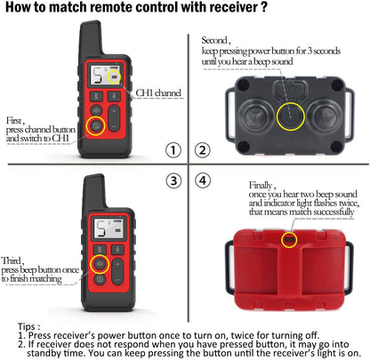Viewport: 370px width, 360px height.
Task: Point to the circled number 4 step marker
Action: click(x=204, y=180)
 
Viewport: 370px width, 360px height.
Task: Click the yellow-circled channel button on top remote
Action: click(x=95, y=125)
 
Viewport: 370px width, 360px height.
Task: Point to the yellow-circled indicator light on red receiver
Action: click(x=289, y=240)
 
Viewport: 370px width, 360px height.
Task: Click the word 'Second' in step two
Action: click(x=215, y=40)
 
